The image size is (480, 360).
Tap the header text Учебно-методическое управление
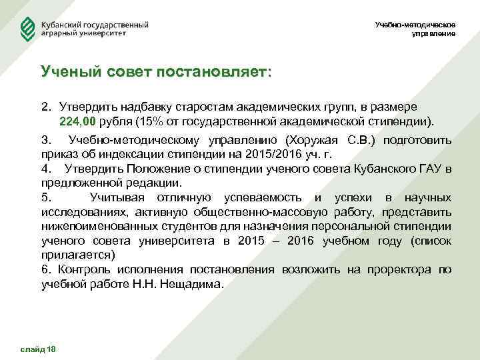click(415, 29)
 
